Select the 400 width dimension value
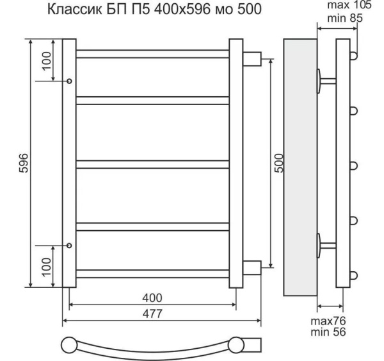click(152, 298)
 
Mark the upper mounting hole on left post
click(69, 81)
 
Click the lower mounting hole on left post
click(69, 246)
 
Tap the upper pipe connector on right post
click(251, 58)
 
